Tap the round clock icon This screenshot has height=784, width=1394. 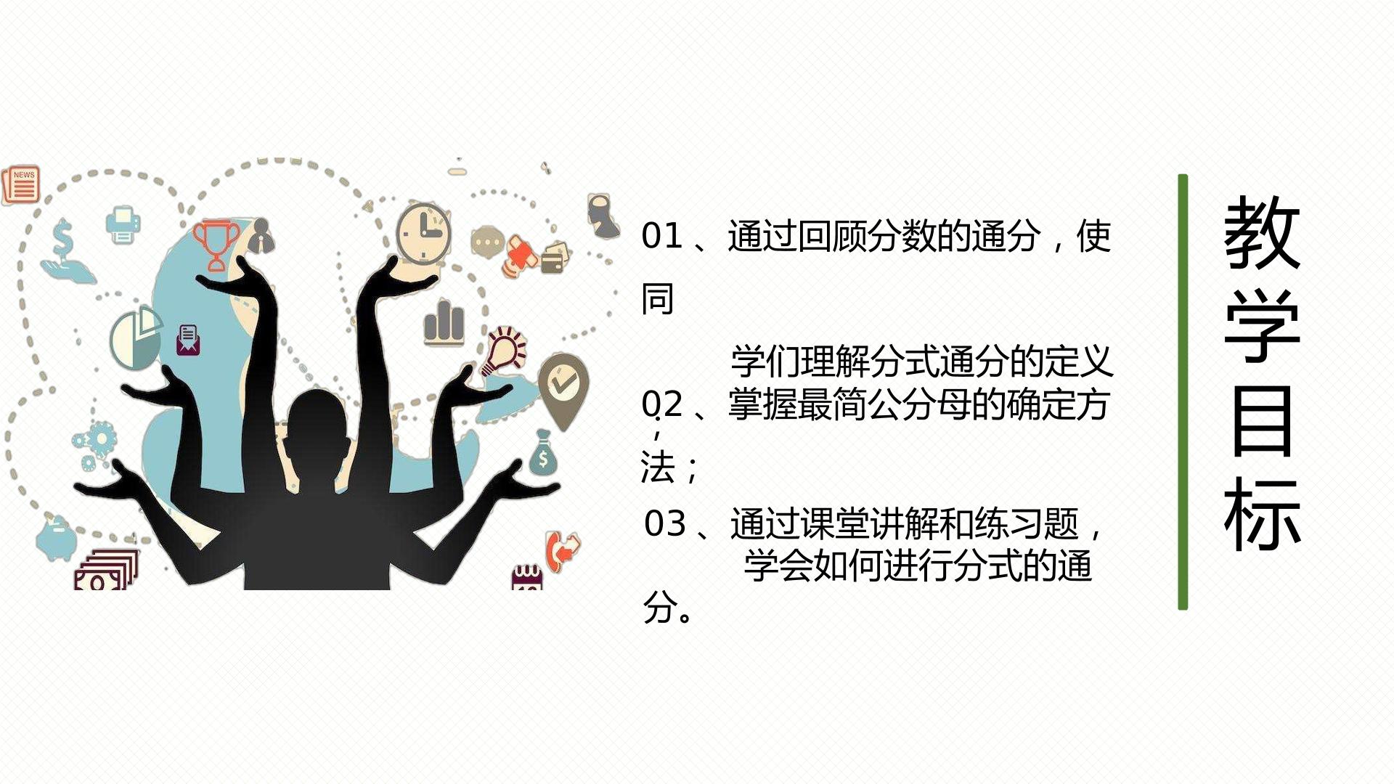pos(424,234)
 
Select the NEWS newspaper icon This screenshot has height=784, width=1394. pos(21,184)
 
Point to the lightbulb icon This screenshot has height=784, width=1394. pos(505,350)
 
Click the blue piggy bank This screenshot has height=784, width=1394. pos(56,538)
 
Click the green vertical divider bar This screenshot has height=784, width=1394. pos(1183,392)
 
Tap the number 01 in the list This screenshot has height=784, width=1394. pos(662,236)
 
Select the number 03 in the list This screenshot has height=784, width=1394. pos(665,524)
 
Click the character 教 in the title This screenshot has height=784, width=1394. pos(1262,232)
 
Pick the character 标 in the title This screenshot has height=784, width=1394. pos(1262,514)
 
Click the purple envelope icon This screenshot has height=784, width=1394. pos(188,339)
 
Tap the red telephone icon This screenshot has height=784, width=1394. pos(562,551)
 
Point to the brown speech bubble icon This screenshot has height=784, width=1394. pos(487,241)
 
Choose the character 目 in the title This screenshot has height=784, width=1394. pos(1262,421)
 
